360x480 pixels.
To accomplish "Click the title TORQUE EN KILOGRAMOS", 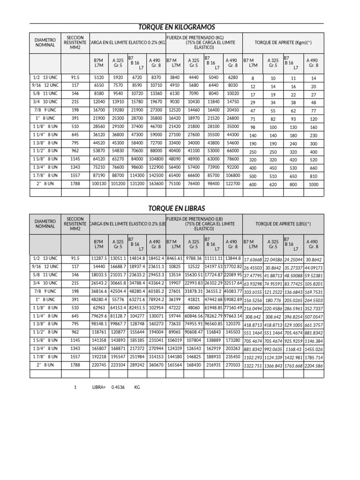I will (x=176, y=27).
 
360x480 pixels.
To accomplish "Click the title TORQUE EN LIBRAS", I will (x=176, y=208).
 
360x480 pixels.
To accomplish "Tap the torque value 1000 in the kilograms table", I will (x=314, y=185).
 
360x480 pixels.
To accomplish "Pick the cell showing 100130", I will (x=99, y=184).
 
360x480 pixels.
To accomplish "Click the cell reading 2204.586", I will (x=314, y=365).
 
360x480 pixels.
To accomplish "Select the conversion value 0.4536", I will (x=118, y=387).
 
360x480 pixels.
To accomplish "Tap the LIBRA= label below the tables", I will (x=99, y=387).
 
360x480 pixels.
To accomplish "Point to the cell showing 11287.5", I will (x=99, y=258).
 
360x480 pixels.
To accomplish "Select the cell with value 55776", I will (x=118, y=299).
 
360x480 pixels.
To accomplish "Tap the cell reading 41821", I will (x=194, y=299).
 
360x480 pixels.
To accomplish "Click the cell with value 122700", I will (x=232, y=184).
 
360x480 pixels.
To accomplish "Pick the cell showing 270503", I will (x=232, y=364).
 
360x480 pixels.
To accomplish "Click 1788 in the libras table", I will (x=75, y=364).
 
